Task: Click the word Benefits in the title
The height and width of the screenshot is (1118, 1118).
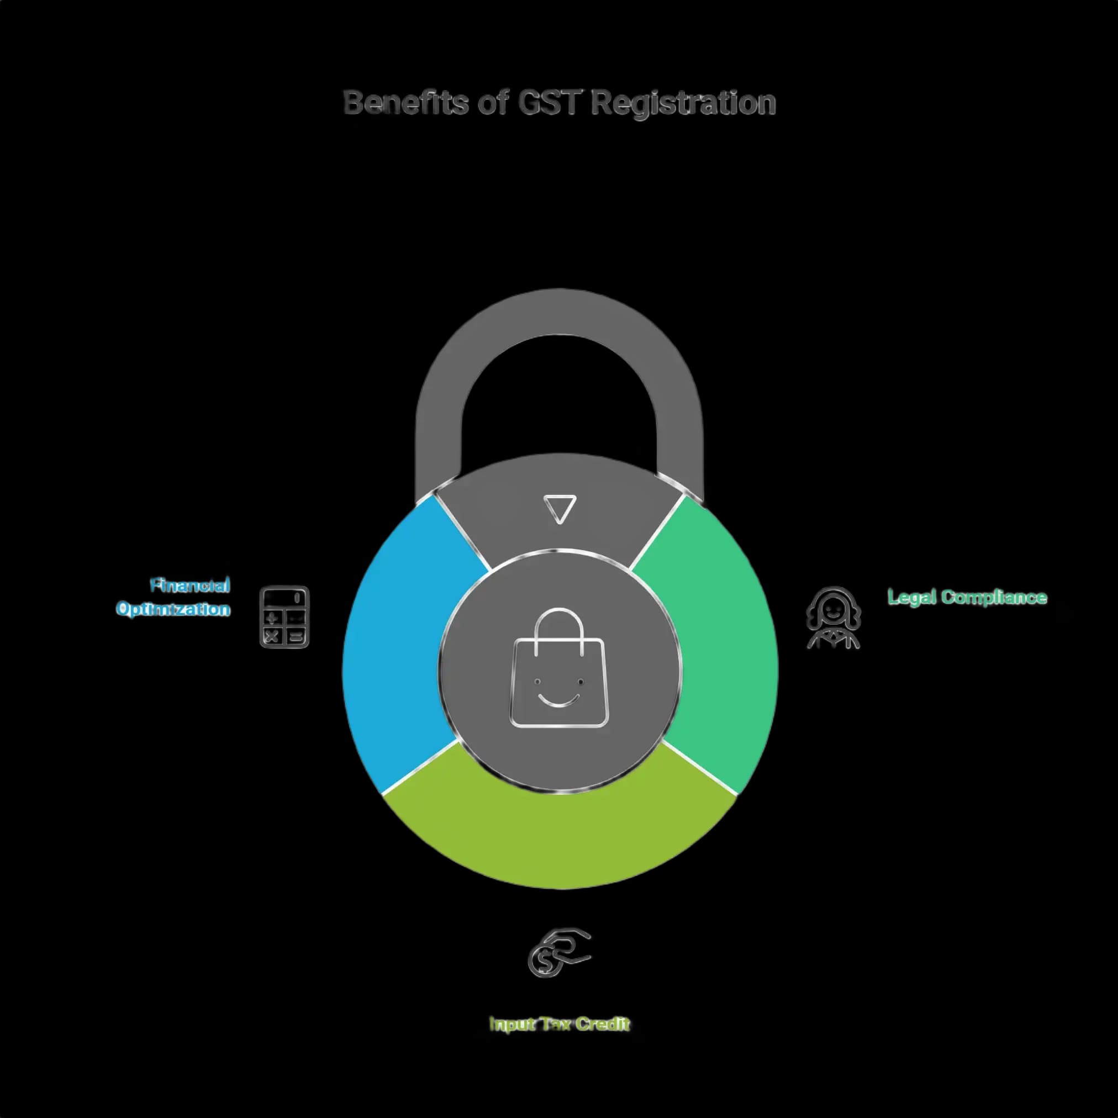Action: pyautogui.click(x=405, y=103)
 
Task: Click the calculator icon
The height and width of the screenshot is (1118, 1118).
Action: pyautogui.click(x=284, y=617)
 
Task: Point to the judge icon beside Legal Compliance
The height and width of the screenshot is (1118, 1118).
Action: pyautogui.click(x=834, y=618)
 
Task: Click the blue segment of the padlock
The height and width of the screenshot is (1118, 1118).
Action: pyautogui.click(x=405, y=642)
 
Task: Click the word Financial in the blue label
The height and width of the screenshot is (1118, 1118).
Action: pyautogui.click(x=191, y=586)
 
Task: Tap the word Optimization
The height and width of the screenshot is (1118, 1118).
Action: pyautogui.click(x=173, y=609)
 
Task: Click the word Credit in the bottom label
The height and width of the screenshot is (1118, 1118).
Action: pyautogui.click(x=603, y=1024)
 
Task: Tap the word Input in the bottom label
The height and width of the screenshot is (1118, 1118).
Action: pyautogui.click(x=512, y=1025)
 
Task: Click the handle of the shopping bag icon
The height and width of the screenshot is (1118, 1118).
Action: pyautogui.click(x=559, y=631)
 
